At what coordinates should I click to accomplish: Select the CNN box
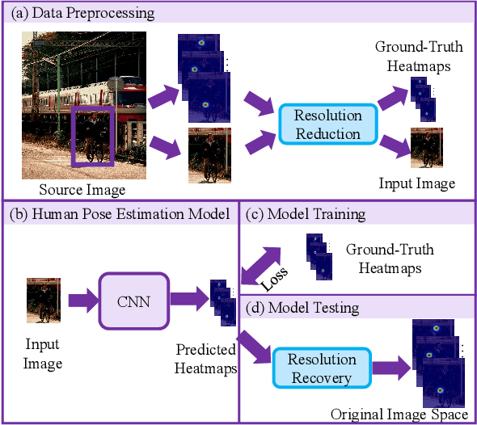pos(134,301)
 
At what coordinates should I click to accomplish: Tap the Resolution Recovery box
pos(321,368)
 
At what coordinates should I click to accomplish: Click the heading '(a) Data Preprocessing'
pos(81,14)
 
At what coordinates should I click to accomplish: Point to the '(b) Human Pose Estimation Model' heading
pos(119,214)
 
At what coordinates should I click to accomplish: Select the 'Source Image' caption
pos(82,191)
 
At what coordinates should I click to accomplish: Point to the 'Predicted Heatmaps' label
pos(205,360)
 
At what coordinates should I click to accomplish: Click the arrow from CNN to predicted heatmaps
pos(188,301)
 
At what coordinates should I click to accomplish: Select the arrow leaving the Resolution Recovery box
pos(390,369)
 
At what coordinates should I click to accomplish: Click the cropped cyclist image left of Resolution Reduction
pos(209,155)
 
